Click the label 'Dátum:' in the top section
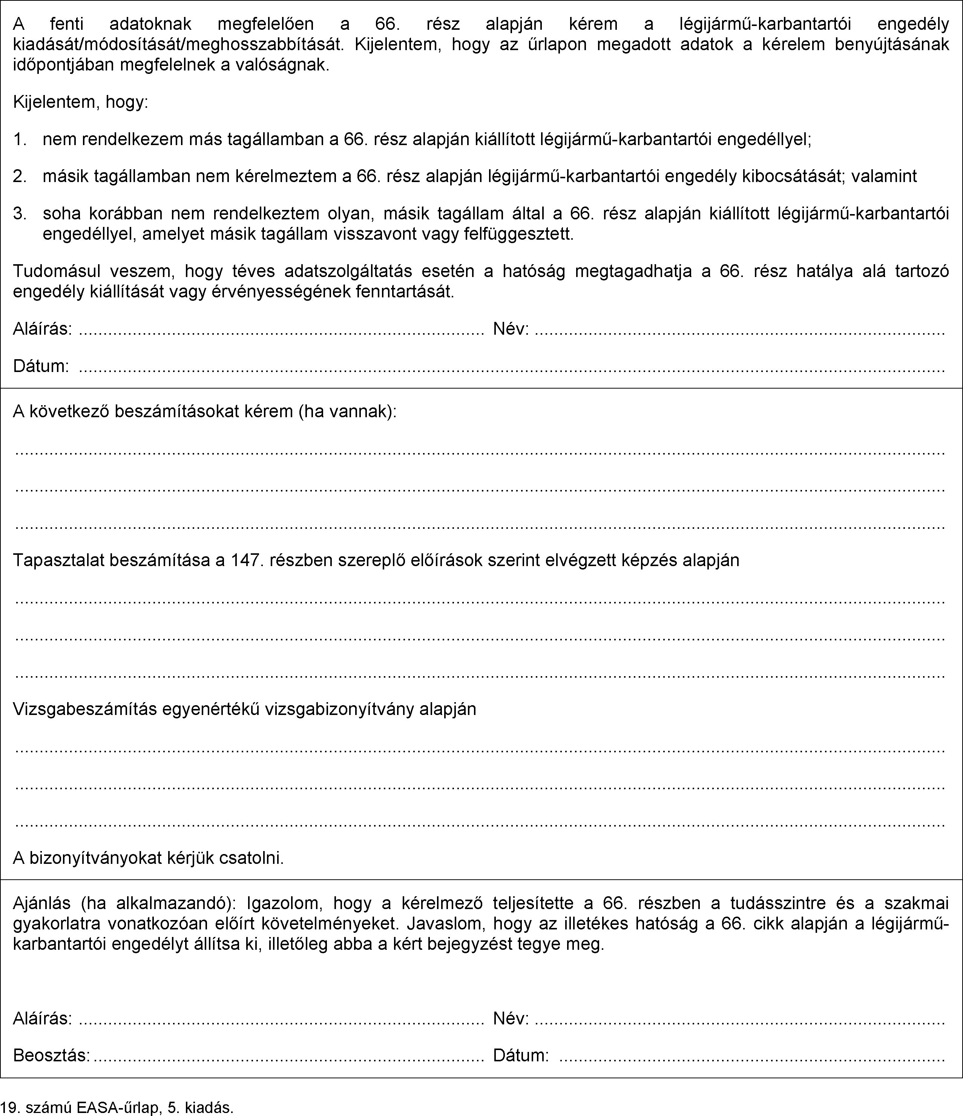[x=41, y=366]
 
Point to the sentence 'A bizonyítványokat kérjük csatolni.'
[x=148, y=857]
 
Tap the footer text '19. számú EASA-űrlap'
[x=81, y=1107]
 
